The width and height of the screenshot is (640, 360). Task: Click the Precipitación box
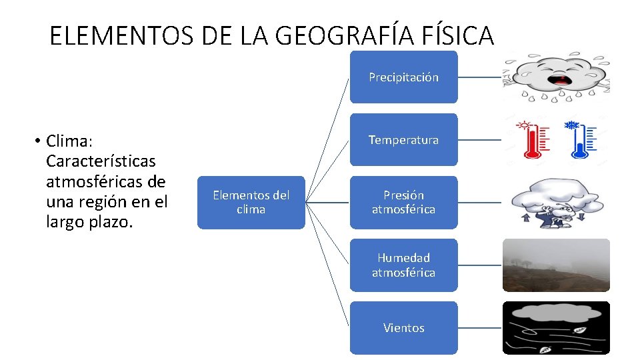pyautogui.click(x=403, y=77)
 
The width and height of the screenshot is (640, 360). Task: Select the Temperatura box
pyautogui.click(x=403, y=140)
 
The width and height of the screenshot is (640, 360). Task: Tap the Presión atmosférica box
pyautogui.click(x=403, y=202)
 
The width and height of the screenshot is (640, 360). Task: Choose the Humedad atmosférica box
pyautogui.click(x=403, y=265)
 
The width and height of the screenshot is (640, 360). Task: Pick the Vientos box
pyautogui.click(x=403, y=327)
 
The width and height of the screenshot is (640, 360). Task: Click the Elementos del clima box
pyautogui.click(x=251, y=202)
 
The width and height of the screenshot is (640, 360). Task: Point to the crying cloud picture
pyautogui.click(x=556, y=77)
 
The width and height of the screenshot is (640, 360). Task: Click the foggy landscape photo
pyautogui.click(x=556, y=265)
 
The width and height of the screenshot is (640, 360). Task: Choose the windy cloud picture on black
pyautogui.click(x=556, y=327)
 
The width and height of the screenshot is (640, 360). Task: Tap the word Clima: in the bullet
pyautogui.click(x=69, y=141)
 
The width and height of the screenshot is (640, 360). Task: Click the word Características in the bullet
pyautogui.click(x=101, y=161)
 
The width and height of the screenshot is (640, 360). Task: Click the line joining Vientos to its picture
pyautogui.click(x=480, y=327)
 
